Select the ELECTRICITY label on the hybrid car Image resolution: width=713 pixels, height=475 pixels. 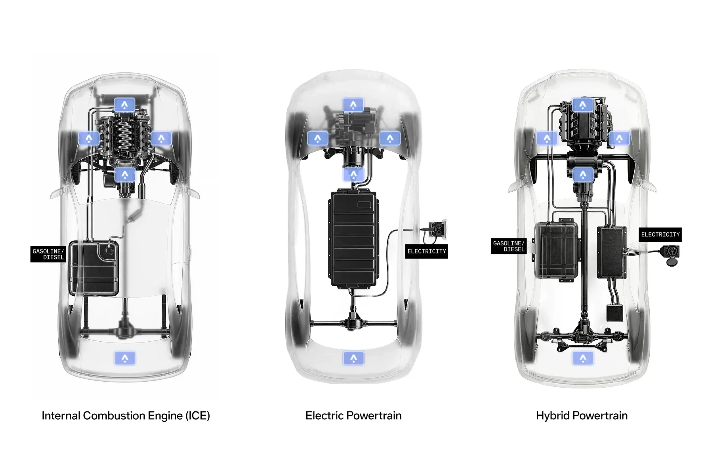(x=660, y=235)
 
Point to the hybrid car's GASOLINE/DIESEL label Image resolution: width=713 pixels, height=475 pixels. (x=508, y=246)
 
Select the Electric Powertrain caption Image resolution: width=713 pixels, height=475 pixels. (x=354, y=416)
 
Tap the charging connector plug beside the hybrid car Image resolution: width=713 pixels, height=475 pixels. (x=671, y=254)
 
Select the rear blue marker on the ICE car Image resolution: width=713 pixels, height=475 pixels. (x=125, y=358)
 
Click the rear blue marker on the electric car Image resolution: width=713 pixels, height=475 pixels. (x=354, y=358)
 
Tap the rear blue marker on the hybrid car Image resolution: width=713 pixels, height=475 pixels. (x=583, y=358)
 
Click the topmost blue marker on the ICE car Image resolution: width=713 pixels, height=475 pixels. (x=125, y=105)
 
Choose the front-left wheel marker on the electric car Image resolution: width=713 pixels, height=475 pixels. (x=317, y=138)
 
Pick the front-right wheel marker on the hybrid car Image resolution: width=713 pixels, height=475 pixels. (x=619, y=138)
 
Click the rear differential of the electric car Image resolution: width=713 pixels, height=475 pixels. (x=354, y=324)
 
